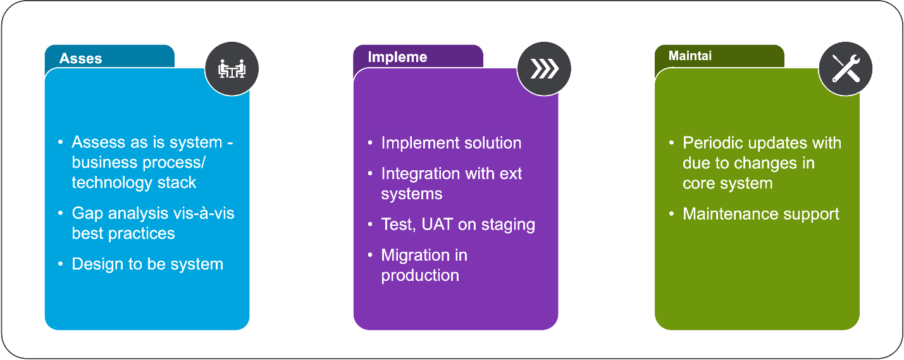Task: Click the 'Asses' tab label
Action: tap(80, 58)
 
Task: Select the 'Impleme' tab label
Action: tap(397, 57)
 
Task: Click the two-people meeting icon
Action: tap(232, 69)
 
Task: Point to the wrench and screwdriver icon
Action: tap(845, 68)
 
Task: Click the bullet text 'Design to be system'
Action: tap(147, 264)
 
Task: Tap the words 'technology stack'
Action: tap(133, 183)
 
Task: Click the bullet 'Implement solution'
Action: tap(451, 143)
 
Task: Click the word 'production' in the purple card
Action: tap(419, 275)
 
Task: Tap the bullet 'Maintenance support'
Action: tap(760, 214)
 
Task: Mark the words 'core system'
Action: tap(728, 183)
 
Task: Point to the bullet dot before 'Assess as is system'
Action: tap(61, 142)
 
